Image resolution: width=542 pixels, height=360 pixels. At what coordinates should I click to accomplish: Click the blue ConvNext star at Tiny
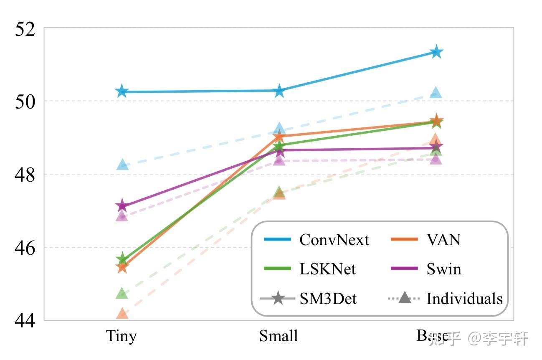[122, 91]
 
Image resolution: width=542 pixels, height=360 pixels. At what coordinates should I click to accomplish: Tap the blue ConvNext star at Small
[279, 91]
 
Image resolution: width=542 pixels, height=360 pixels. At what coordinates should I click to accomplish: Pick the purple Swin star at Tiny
[122, 205]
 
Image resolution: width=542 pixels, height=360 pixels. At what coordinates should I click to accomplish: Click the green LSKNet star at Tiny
[122, 259]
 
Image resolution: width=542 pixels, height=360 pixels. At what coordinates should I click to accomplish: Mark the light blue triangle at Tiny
[122, 165]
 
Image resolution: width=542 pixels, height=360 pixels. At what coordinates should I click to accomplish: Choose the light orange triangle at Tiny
[122, 313]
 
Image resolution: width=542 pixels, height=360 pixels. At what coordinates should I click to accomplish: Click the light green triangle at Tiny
[122, 293]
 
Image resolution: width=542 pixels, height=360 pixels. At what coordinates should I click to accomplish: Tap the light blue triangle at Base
[436, 93]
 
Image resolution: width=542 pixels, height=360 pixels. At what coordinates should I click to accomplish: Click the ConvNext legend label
[334, 240]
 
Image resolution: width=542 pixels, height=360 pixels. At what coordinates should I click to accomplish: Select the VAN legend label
[443, 240]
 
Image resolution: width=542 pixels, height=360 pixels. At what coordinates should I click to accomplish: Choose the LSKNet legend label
[328, 269]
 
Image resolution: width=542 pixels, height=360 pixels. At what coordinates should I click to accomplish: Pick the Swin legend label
[444, 269]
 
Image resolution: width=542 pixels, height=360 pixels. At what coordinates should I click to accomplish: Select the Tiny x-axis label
[122, 336]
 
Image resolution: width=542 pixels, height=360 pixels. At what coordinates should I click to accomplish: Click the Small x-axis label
[279, 336]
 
